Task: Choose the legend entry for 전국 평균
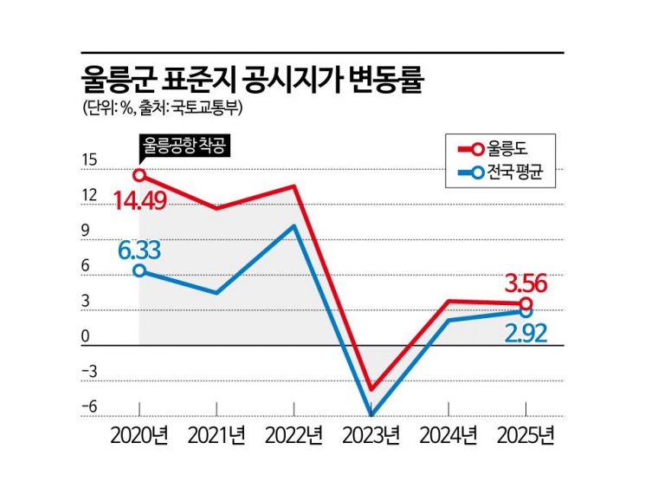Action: coord(517,177)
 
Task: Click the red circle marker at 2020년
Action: coord(139,175)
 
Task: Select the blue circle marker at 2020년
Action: coord(139,270)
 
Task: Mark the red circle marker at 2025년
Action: coord(526,303)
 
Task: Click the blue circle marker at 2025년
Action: coord(526,311)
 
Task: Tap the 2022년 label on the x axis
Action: coord(294,433)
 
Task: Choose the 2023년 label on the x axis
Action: coord(371,433)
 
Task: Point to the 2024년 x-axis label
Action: coord(448,433)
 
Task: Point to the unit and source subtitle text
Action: coord(164,109)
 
